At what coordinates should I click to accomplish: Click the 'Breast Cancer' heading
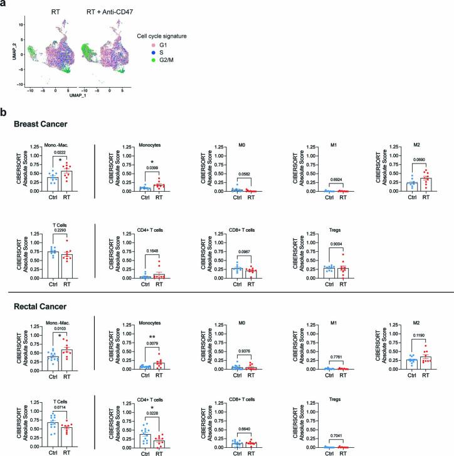point(43,126)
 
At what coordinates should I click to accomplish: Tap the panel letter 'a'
point(6,5)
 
